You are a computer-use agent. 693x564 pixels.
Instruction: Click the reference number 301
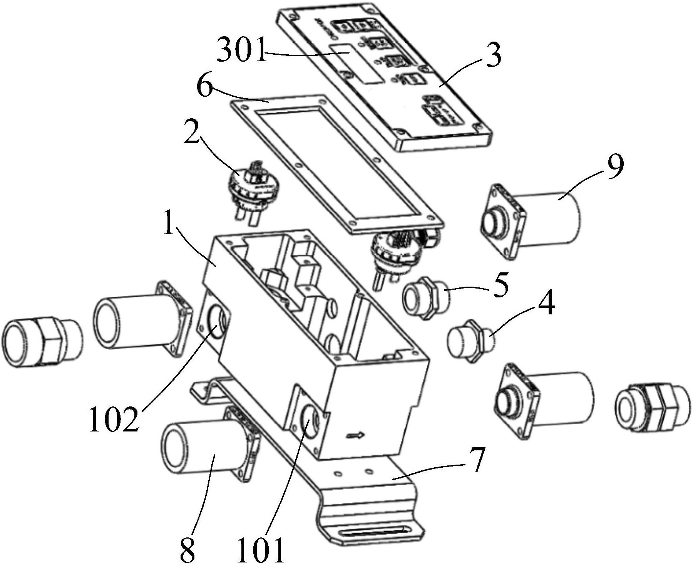tap(241, 50)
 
